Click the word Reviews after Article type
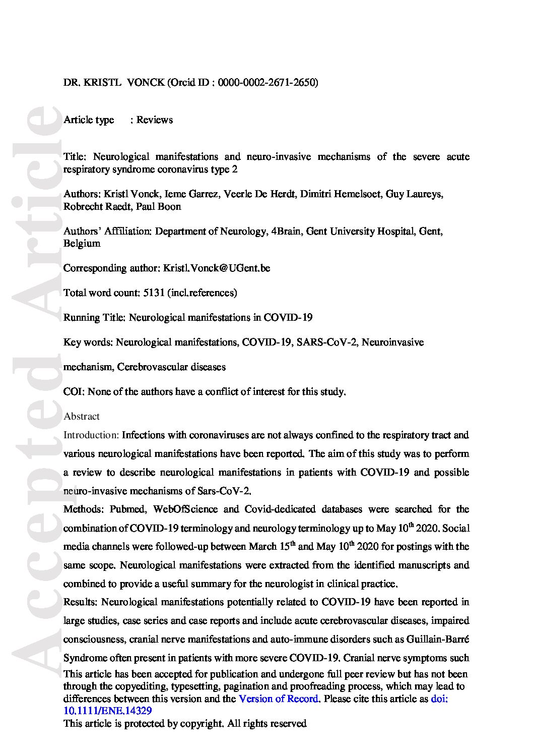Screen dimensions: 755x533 click(x=154, y=120)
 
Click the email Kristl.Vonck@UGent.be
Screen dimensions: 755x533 click(x=217, y=268)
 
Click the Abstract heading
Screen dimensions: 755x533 click(x=82, y=417)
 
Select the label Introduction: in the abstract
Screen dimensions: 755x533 click(x=91, y=435)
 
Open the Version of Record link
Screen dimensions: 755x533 click(x=278, y=699)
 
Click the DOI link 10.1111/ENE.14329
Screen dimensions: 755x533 click(x=108, y=711)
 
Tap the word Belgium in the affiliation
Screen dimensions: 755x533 click(x=82, y=244)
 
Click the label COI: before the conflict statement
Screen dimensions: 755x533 click(x=73, y=392)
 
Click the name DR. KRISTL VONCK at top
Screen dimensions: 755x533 click(x=114, y=83)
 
